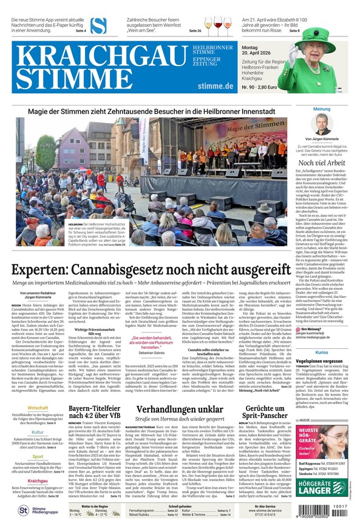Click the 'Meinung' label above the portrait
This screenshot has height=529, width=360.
click(x=322, y=109)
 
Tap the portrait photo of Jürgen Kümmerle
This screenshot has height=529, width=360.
click(x=322, y=124)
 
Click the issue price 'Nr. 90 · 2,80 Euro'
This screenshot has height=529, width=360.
click(x=259, y=87)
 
